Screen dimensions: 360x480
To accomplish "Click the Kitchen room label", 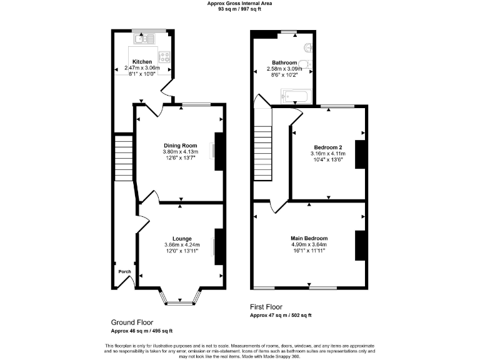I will (x=142, y=62).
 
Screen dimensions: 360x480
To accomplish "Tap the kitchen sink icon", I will (x=143, y=39).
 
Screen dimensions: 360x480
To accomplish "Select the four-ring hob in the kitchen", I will (x=166, y=56).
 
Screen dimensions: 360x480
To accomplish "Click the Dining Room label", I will (x=181, y=146).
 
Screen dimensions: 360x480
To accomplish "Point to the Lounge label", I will (x=182, y=239).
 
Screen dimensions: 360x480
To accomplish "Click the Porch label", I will (x=124, y=272).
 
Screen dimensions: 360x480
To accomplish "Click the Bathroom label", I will (x=284, y=62).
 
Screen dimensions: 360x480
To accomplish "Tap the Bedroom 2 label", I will (x=328, y=147).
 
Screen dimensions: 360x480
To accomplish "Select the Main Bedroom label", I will (x=309, y=238).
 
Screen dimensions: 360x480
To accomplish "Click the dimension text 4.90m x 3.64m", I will (x=309, y=244).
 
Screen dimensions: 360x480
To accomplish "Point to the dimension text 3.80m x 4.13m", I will (x=181, y=152).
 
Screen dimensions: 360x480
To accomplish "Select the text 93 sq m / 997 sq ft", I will (x=239, y=9).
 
